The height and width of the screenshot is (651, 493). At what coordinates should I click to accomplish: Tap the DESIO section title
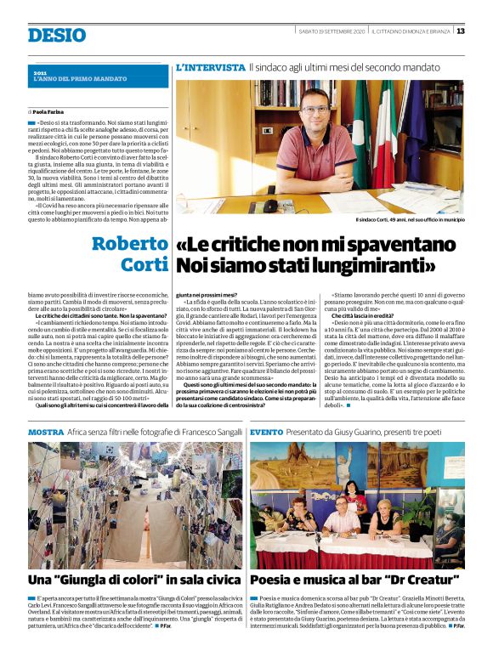click(x=57, y=35)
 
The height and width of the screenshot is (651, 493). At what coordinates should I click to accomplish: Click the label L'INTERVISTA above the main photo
click(x=209, y=66)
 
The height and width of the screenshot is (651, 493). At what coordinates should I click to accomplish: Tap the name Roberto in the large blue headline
click(x=130, y=244)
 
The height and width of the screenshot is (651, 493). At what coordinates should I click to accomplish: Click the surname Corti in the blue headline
click(x=144, y=265)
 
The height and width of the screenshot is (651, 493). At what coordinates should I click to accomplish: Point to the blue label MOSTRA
click(x=46, y=432)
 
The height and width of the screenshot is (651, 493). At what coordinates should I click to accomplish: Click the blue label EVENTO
click(x=267, y=432)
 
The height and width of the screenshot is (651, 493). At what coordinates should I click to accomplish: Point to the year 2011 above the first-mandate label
click(x=40, y=74)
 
